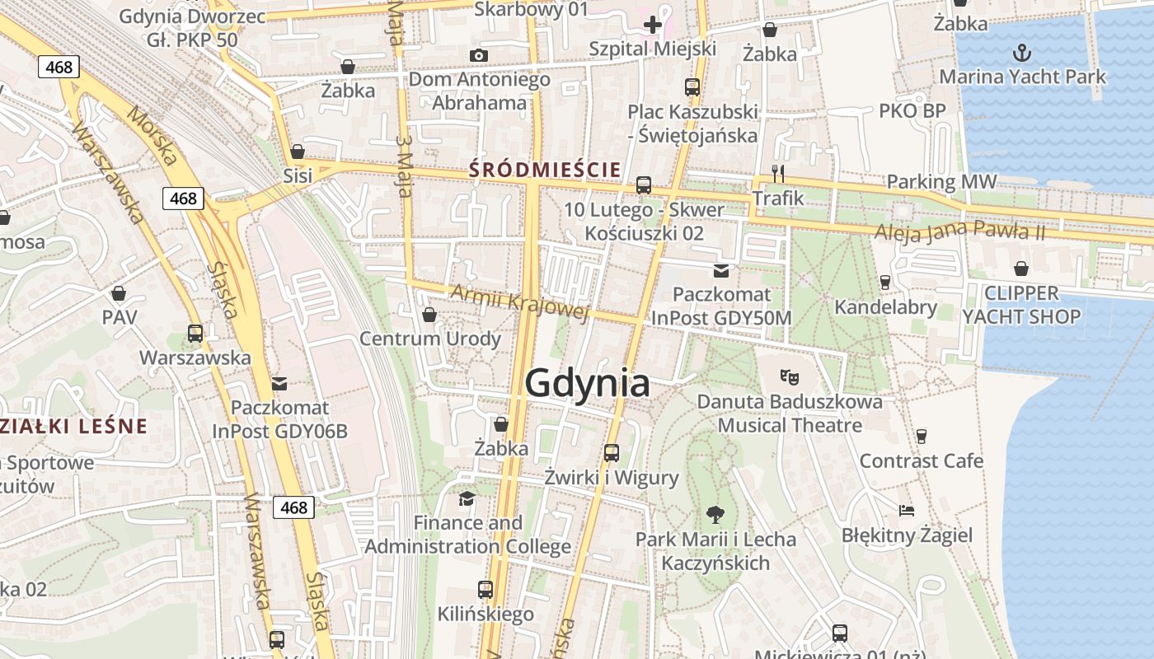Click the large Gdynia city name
coord(587,384)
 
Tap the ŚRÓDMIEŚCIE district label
coord(545,171)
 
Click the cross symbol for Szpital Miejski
coord(653,25)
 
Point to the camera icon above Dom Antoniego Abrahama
coord(479,55)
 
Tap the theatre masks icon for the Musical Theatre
coord(790,377)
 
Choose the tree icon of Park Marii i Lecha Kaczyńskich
coord(715,515)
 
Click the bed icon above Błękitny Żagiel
coord(907,511)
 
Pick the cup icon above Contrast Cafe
coord(922,436)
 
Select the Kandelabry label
coord(886,307)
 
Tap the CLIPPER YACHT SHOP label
coord(1022,305)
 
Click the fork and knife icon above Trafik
coord(778,173)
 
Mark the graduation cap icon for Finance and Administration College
coord(467,498)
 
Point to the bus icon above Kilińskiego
coord(486,590)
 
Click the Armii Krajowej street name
coord(520,302)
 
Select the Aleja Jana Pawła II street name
coord(960,231)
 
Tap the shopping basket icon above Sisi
coord(298,152)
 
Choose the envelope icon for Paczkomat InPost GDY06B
coord(279,383)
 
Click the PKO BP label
coord(912,110)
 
